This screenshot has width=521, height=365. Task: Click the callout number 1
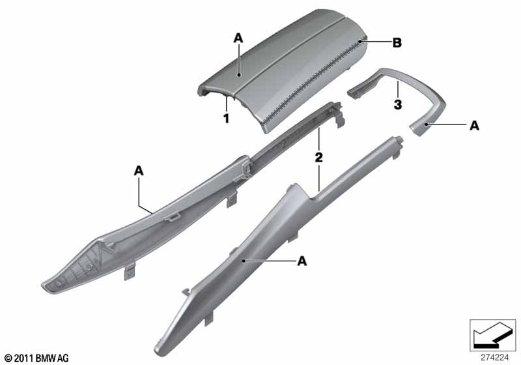pyautogui.click(x=226, y=119)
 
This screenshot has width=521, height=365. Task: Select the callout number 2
pyautogui.click(x=318, y=157)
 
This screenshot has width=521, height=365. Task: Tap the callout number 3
pyautogui.click(x=398, y=105)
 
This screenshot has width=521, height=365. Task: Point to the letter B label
pyautogui.click(x=397, y=43)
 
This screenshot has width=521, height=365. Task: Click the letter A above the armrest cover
pyautogui.click(x=238, y=38)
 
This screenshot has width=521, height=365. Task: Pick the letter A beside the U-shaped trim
pyautogui.click(x=474, y=126)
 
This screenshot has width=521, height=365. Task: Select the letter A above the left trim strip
pyautogui.click(x=139, y=171)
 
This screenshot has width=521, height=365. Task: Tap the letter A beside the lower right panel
pyautogui.click(x=302, y=261)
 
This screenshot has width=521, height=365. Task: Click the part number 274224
pyautogui.click(x=495, y=358)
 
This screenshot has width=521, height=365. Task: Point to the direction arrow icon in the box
pyautogui.click(x=493, y=335)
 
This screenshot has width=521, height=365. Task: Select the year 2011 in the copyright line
pyautogui.click(x=23, y=358)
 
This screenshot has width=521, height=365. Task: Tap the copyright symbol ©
pyautogui.click(x=8, y=358)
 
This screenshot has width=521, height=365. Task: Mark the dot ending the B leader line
pyautogui.click(x=360, y=42)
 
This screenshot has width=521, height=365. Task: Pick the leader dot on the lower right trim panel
pyautogui.click(x=244, y=261)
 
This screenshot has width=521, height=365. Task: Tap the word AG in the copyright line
pyautogui.click(x=63, y=358)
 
